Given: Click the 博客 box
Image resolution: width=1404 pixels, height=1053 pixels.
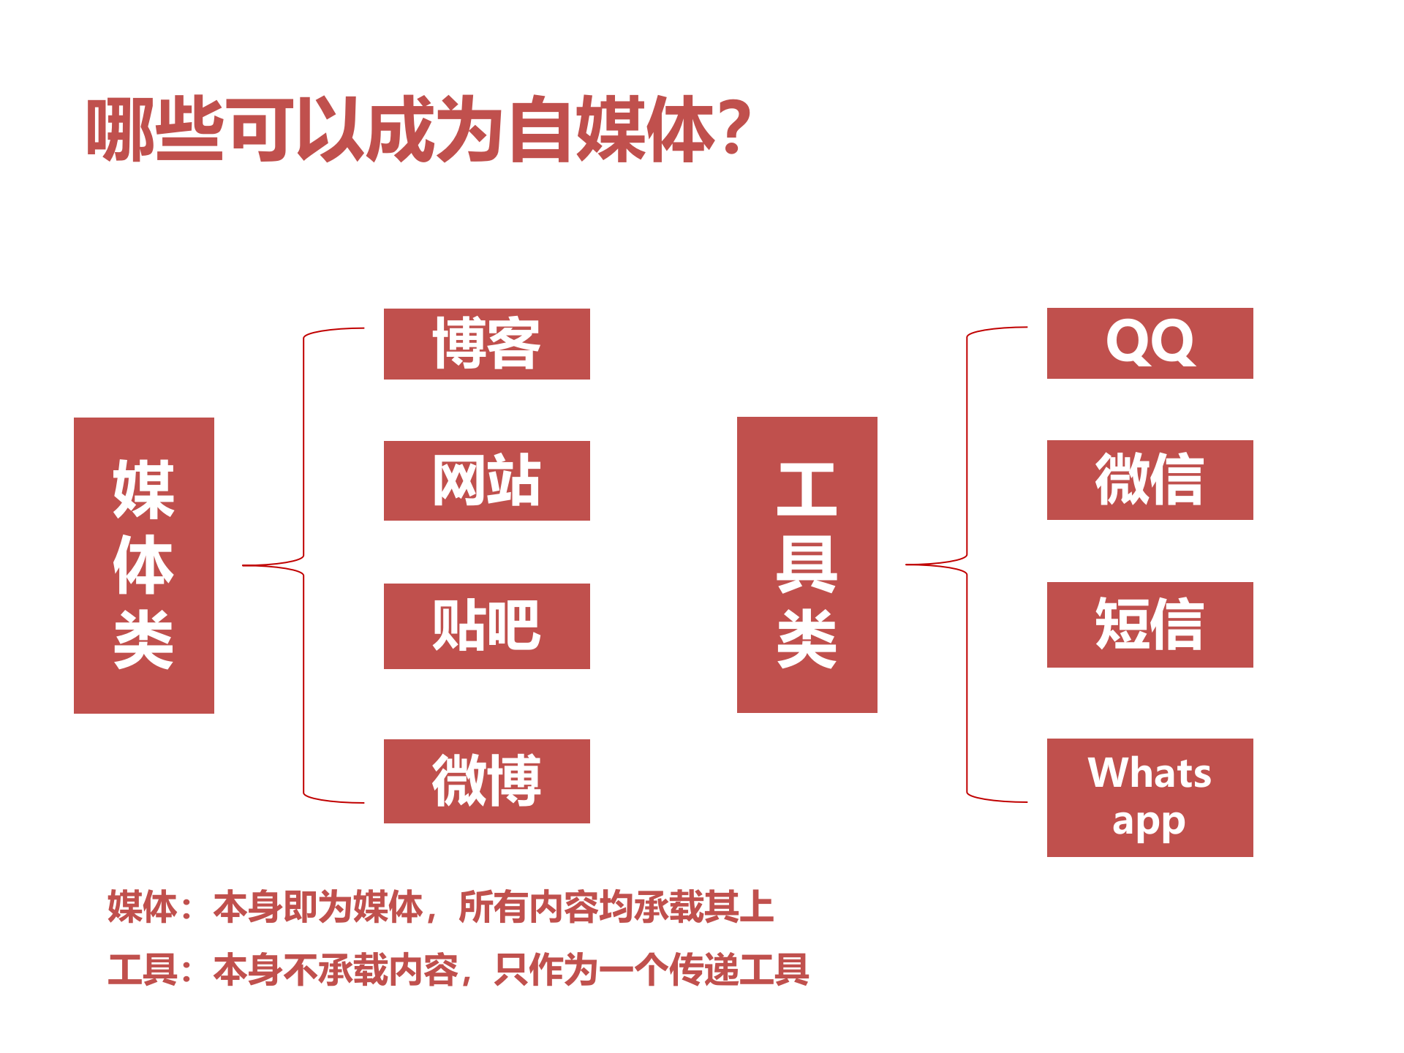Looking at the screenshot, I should (x=486, y=344).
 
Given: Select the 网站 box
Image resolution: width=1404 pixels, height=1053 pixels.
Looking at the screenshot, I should (x=486, y=480).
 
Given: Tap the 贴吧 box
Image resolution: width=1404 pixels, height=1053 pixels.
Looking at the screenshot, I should (x=486, y=626).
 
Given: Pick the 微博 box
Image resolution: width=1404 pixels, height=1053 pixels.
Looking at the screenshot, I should (x=486, y=781).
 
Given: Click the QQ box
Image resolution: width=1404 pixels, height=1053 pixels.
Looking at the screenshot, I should (x=1150, y=343).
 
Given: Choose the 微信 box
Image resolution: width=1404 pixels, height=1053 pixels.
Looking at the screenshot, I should (x=1150, y=480).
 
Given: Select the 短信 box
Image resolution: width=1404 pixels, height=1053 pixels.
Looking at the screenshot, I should (x=1150, y=624).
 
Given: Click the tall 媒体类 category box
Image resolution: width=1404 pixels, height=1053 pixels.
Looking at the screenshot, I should (x=144, y=565).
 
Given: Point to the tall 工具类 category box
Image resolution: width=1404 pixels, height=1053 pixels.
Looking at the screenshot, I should (x=807, y=565).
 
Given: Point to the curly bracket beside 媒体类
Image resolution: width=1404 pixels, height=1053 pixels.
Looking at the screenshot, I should (x=303, y=565).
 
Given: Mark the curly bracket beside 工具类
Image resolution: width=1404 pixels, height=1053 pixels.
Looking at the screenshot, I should (x=967, y=565).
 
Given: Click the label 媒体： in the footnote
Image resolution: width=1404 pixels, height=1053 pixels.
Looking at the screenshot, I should (x=150, y=907).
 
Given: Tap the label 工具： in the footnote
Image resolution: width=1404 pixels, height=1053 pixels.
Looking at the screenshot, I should (x=150, y=970).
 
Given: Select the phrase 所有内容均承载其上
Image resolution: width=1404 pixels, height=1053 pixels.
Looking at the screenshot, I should (x=616, y=907).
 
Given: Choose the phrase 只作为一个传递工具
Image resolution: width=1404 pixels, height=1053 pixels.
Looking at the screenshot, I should (x=651, y=970).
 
